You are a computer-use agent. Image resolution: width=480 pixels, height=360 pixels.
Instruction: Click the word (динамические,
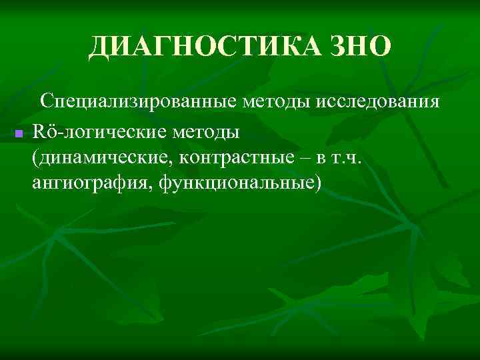point(99,157)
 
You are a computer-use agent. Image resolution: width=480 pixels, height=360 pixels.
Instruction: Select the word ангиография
point(91,183)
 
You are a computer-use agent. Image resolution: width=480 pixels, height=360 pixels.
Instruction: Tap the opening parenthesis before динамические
point(35,158)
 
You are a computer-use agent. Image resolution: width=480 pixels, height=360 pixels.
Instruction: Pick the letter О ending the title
point(377,46)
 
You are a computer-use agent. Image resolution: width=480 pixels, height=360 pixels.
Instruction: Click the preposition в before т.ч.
point(331,158)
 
